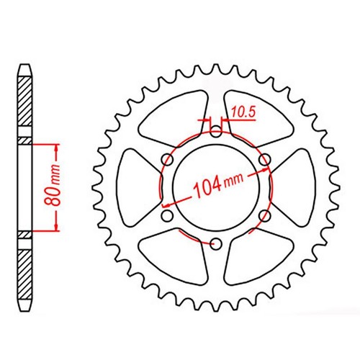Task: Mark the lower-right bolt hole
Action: coord(265,215)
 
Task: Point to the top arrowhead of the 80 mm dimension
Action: coord(55,145)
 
